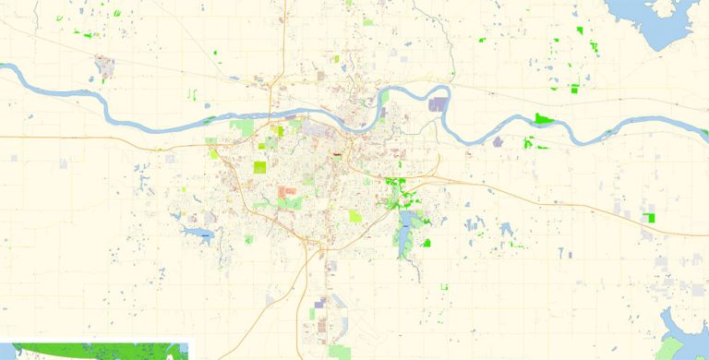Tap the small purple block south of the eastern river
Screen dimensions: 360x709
[x=499, y=142]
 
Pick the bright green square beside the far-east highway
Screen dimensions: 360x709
[x=650, y=218]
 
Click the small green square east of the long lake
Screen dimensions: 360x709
[x=427, y=243]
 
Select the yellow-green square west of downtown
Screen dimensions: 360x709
[x=260, y=168]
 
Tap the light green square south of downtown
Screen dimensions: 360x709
[x=355, y=216]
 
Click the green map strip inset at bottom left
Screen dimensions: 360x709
[x=92, y=352]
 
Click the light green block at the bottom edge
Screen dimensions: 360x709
[x=340, y=351]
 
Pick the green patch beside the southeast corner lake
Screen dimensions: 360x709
[x=667, y=349]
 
